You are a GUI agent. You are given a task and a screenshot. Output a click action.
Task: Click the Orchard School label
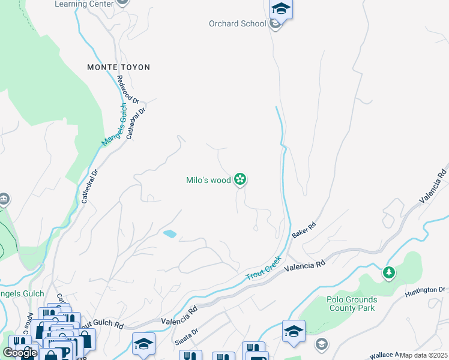[x=237, y=24]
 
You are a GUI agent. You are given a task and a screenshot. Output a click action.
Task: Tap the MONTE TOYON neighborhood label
[x=118, y=67]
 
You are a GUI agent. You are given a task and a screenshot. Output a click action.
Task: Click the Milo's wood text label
[x=208, y=179]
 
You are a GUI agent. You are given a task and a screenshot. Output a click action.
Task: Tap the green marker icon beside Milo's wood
[x=240, y=179]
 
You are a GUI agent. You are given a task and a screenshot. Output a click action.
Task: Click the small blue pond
[x=170, y=234]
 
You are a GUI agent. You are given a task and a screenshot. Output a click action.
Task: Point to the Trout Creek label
[x=264, y=269]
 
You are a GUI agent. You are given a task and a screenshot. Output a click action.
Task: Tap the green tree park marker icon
[x=389, y=273]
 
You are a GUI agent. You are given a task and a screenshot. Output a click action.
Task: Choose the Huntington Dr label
[x=424, y=291]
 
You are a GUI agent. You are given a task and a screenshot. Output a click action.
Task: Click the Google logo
[x=20, y=353]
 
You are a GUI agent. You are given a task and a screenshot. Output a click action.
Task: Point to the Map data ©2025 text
[x=423, y=355]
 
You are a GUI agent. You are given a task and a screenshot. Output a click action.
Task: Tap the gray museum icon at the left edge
[x=4, y=199]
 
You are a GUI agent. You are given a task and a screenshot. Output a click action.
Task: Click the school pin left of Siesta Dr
[x=144, y=344]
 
